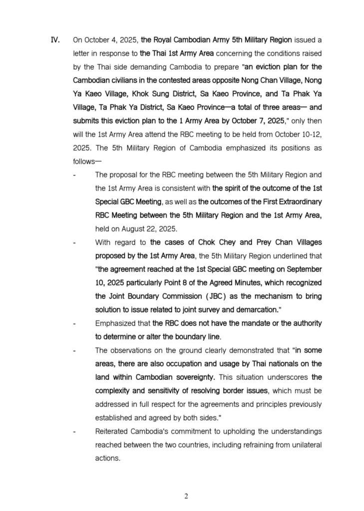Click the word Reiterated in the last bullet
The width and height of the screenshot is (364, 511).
click(111, 431)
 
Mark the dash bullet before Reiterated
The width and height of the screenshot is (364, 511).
click(74, 431)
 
